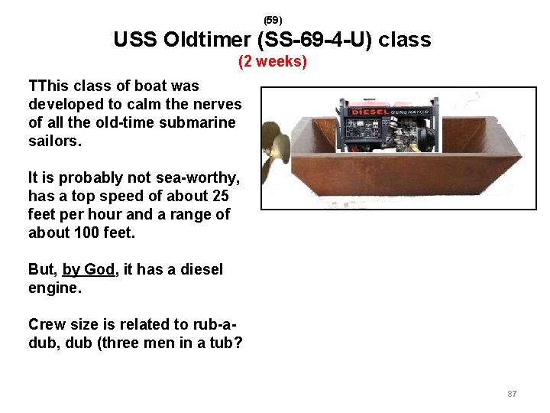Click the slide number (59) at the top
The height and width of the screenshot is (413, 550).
[x=273, y=20]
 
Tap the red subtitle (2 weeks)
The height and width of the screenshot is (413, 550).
[x=273, y=61]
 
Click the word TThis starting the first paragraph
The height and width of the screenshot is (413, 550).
[x=50, y=86]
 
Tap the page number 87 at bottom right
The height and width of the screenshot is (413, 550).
[x=512, y=394]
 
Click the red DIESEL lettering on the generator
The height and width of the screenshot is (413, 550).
[x=368, y=112]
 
